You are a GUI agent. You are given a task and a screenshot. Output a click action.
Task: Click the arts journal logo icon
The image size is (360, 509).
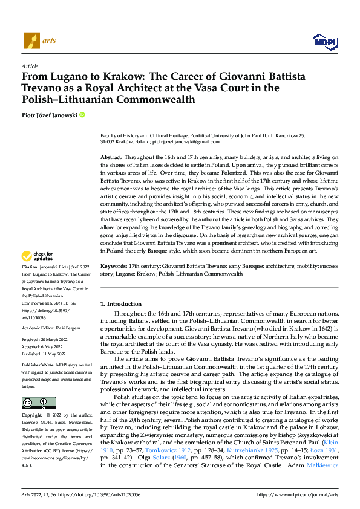click(31, 41)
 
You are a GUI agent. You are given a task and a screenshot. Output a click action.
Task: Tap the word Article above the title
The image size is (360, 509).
click(30, 66)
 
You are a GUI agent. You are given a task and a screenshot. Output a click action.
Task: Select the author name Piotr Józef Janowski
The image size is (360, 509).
click(49, 114)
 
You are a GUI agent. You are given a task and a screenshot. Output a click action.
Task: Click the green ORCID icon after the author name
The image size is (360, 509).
click(82, 114)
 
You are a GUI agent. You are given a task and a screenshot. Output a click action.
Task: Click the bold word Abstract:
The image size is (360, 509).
click(113, 157)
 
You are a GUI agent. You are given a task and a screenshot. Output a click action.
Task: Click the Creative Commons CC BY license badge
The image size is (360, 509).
click(38, 403)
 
